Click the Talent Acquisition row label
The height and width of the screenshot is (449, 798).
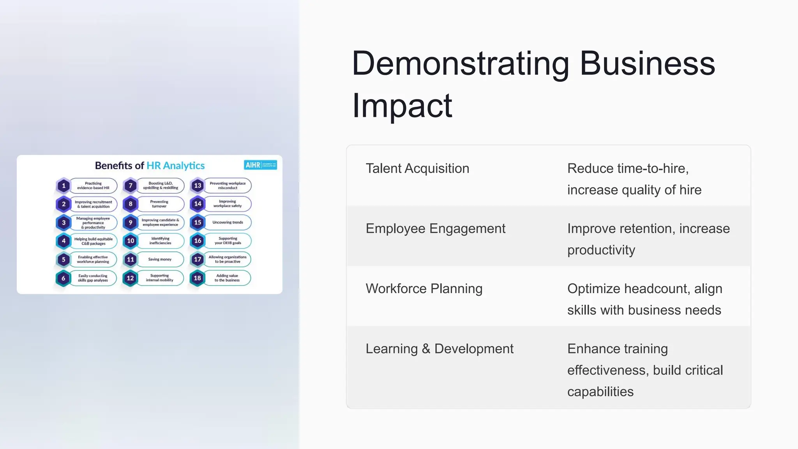point(417,168)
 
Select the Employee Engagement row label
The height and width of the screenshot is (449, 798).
point(435,228)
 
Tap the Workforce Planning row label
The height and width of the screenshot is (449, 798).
point(424,288)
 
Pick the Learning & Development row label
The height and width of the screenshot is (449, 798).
point(440,348)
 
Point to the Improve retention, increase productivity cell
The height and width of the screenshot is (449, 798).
point(648,239)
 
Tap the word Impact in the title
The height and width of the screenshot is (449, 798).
point(402,106)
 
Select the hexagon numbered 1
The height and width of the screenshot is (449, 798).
point(64,186)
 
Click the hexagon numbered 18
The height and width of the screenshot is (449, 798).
point(198,278)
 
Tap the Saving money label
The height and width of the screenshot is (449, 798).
point(160,259)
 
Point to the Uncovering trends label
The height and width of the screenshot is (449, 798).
point(228,222)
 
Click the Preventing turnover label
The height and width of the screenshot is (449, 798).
point(159,204)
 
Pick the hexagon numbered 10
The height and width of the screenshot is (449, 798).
point(131,241)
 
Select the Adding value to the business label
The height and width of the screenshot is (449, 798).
point(227,278)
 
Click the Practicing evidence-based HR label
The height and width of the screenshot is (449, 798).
point(93,186)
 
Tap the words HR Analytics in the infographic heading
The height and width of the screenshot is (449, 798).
point(175,166)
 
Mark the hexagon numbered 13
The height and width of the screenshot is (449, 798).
point(198,186)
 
